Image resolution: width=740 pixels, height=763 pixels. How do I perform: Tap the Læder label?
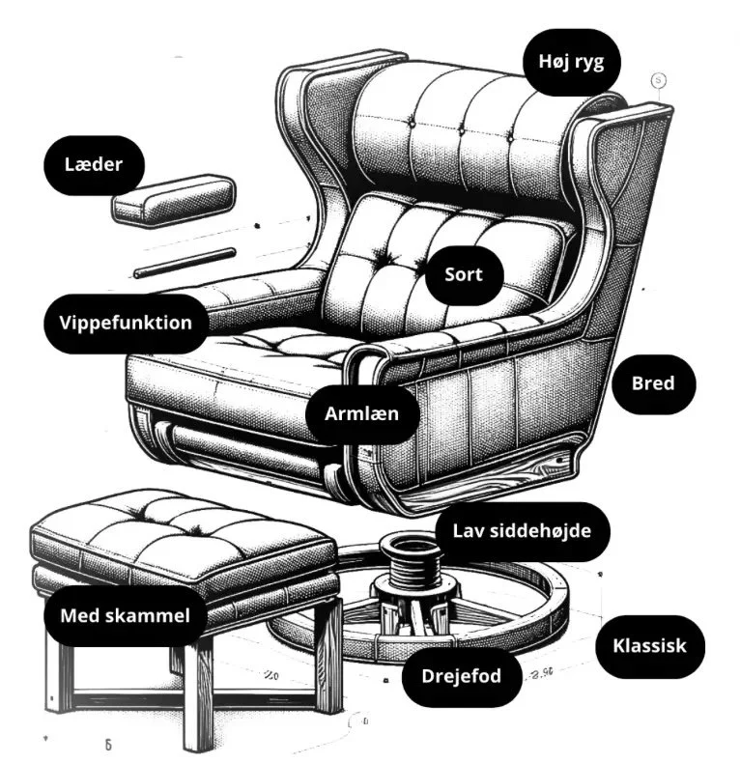94,164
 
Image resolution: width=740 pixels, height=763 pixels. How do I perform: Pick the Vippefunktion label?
126,323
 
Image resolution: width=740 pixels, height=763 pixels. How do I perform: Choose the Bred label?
652,383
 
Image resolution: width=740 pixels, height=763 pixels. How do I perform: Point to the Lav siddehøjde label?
522,530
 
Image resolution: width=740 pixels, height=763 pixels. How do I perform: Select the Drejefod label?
461,675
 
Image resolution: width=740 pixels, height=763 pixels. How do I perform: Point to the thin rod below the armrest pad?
184,262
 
